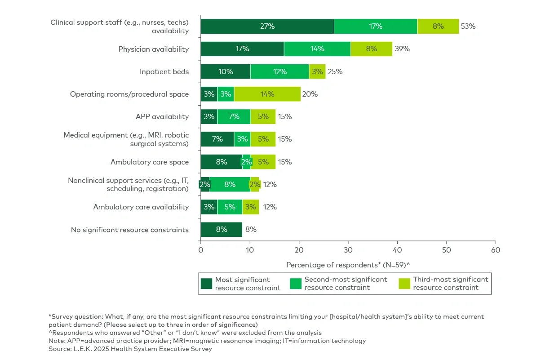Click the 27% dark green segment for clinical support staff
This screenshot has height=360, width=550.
[267, 27]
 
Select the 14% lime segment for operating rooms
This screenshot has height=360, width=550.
[267, 94]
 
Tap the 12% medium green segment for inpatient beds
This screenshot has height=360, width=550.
[279, 71]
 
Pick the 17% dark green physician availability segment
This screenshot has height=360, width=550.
[242, 49]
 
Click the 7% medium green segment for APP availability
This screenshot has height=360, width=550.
[234, 117]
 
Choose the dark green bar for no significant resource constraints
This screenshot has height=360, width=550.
[221, 229]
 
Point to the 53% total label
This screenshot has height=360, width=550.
[468, 27]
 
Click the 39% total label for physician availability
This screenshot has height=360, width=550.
[402, 49]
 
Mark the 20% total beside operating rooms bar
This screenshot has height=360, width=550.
[310, 94]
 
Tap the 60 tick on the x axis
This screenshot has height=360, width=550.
[495, 249]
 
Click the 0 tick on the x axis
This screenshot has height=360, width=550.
[201, 249]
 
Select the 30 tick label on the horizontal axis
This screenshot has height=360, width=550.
[348, 249]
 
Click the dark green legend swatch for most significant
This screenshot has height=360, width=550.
[206, 284]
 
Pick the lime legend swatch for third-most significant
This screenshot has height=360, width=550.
[405, 284]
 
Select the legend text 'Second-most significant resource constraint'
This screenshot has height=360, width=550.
[345, 284]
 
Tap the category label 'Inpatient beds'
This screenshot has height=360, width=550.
[164, 71]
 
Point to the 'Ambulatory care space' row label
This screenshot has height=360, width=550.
[150, 162]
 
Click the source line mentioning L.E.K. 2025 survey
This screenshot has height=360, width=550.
[130, 348]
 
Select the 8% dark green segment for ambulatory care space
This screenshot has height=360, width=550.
[221, 162]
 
